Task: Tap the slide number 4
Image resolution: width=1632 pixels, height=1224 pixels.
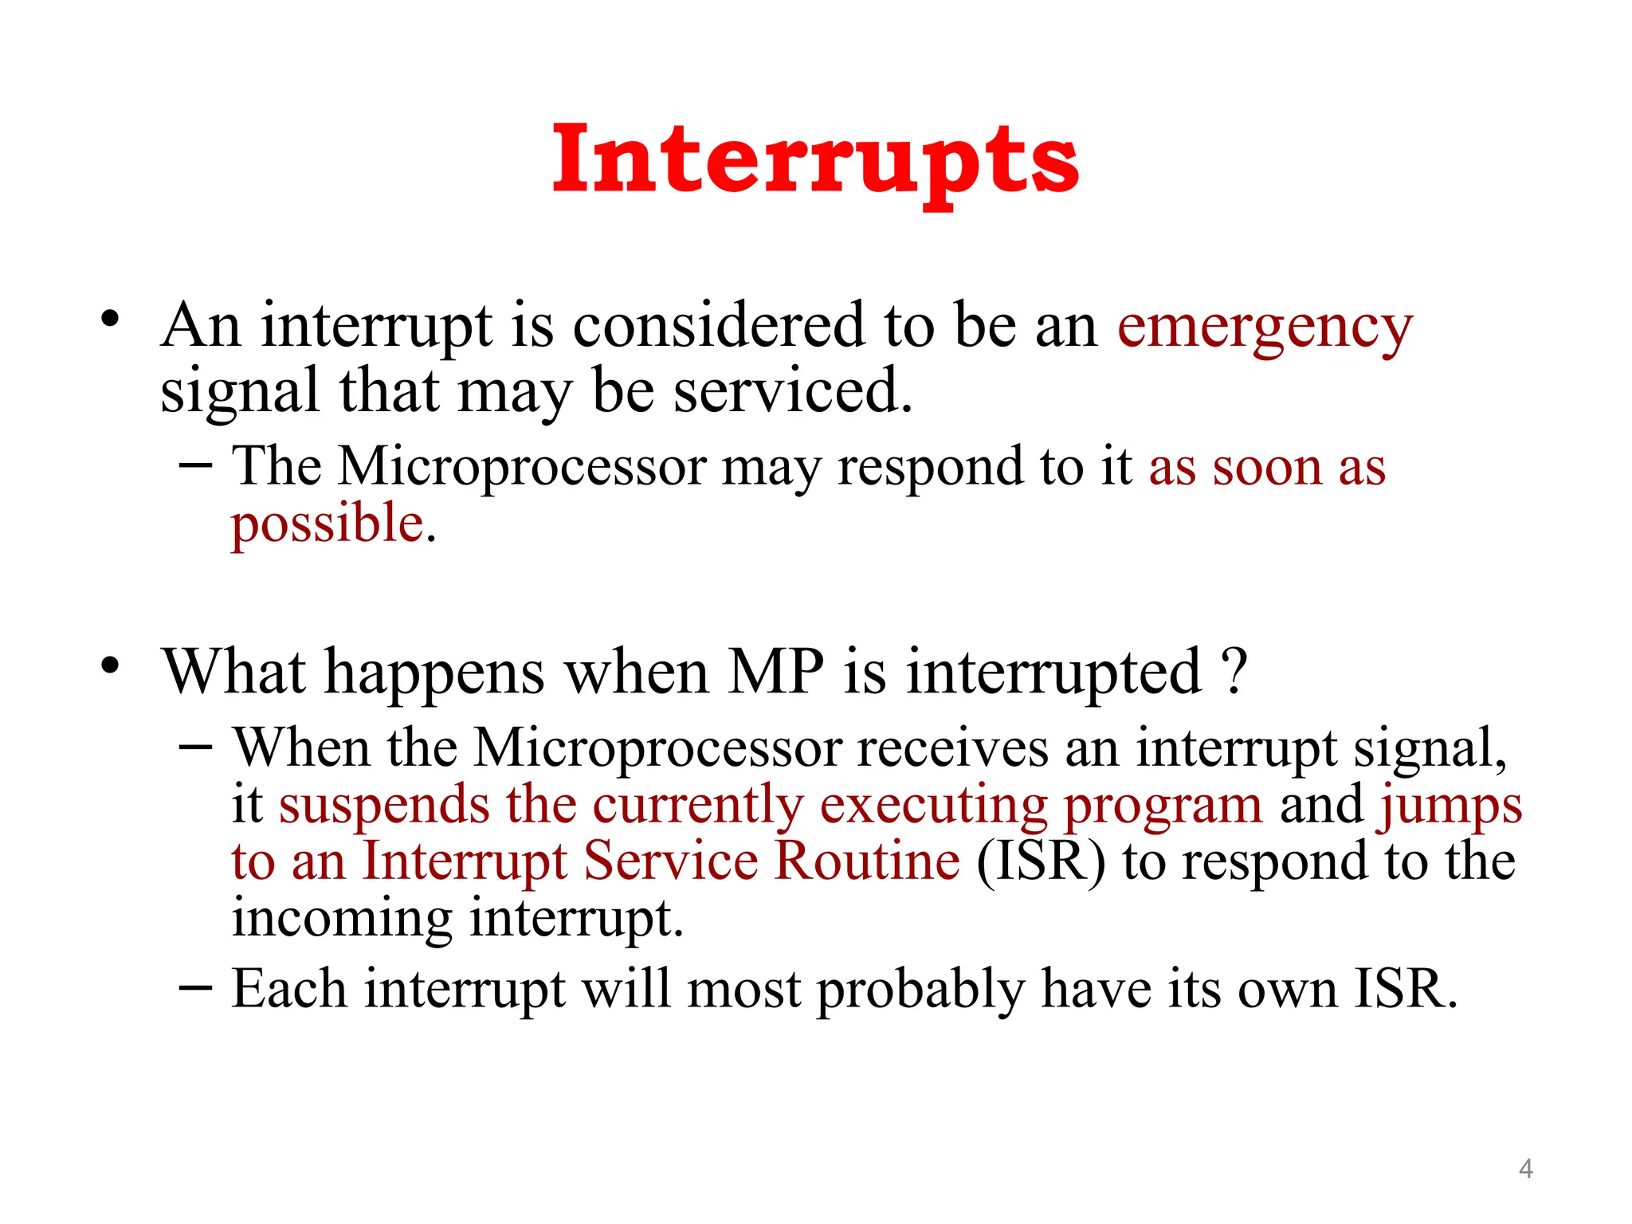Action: pyautogui.click(x=1525, y=1168)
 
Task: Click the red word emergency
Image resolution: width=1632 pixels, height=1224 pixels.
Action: pyautogui.click(x=1264, y=328)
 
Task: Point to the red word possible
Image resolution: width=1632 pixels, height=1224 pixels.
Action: pyautogui.click(x=328, y=526)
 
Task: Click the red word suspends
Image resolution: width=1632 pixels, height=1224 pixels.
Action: pyautogui.click(x=383, y=804)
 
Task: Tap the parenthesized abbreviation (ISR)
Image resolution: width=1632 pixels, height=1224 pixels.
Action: pyautogui.click(x=1041, y=861)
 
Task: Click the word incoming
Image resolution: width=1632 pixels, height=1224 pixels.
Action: pyautogui.click(x=341, y=919)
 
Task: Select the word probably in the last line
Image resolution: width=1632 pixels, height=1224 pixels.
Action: pyautogui.click(x=920, y=991)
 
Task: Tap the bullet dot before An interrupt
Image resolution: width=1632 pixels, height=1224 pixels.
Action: pyautogui.click(x=110, y=320)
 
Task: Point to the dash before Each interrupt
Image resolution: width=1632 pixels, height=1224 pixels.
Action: pyautogui.click(x=196, y=987)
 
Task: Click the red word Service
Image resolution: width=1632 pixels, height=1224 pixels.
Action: pyautogui.click(x=670, y=861)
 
